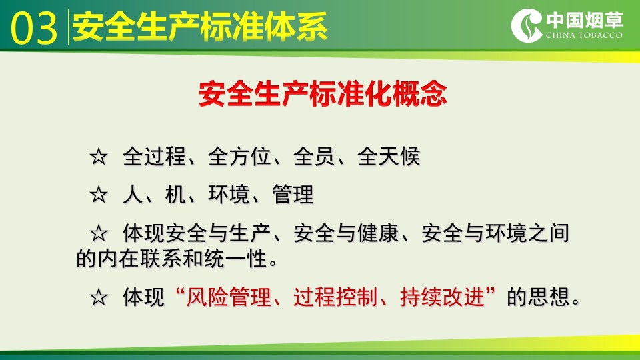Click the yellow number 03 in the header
click(x=34, y=28)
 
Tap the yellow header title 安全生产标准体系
click(x=199, y=27)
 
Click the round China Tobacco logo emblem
click(x=527, y=25)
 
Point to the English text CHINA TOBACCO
click(x=584, y=35)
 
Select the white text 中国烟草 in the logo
click(x=585, y=19)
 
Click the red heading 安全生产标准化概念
click(x=323, y=94)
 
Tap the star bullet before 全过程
click(x=99, y=157)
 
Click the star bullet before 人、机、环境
click(x=99, y=194)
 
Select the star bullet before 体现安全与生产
click(x=99, y=233)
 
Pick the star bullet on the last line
click(x=99, y=297)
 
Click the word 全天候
click(x=389, y=156)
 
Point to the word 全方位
click(x=239, y=156)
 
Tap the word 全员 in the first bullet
click(x=314, y=156)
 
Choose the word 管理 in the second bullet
click(x=293, y=194)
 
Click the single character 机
click(x=175, y=194)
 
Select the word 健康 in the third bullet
click(x=378, y=233)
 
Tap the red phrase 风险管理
click(x=229, y=297)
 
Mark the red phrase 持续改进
click(x=442, y=297)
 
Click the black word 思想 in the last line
click(x=549, y=297)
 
